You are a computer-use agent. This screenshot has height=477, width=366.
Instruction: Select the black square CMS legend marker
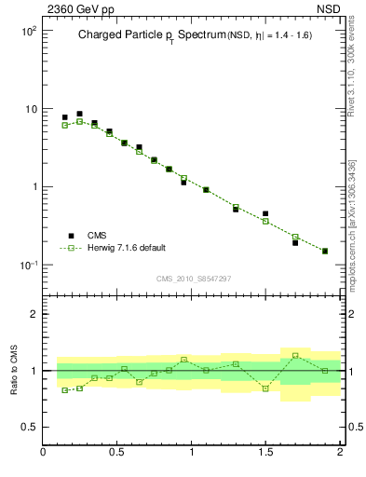click(x=69, y=236)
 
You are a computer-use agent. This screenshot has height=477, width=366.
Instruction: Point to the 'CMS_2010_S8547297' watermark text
click(x=193, y=279)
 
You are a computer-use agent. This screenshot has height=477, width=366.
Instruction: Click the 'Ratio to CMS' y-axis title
click(x=16, y=371)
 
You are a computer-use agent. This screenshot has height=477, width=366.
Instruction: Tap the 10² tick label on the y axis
click(x=28, y=31)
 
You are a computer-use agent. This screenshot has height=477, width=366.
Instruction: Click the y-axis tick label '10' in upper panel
click(x=30, y=109)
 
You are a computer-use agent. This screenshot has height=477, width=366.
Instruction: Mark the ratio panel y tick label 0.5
click(x=29, y=428)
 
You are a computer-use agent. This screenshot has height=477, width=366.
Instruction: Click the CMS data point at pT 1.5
click(x=265, y=213)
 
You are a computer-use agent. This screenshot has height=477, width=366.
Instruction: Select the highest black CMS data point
click(x=79, y=114)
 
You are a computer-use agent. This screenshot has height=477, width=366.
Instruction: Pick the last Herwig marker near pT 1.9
click(x=325, y=251)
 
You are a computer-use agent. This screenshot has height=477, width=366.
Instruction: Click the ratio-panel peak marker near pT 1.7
click(x=295, y=355)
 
